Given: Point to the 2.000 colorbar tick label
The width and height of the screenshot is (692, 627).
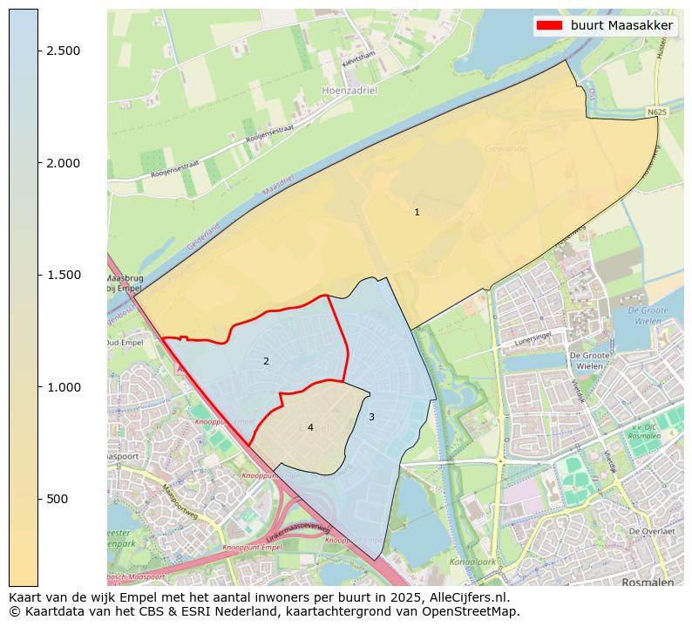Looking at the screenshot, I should tap(64, 163).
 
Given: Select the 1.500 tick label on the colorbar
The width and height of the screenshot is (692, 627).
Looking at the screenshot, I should tap(64, 275).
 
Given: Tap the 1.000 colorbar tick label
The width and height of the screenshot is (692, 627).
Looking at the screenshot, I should tap(64, 387).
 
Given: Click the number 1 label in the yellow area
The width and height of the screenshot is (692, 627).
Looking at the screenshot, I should tap(417, 212).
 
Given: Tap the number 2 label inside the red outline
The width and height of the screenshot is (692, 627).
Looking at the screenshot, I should tap(266, 361).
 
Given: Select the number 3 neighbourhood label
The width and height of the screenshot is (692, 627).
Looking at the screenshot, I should tap(371, 417).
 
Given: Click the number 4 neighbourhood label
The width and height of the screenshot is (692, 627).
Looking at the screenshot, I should tap(310, 427).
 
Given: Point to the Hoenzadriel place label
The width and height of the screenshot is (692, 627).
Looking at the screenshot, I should tap(349, 90).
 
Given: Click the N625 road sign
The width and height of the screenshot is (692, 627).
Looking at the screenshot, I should tap(657, 112).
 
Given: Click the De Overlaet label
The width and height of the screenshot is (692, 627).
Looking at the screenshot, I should tap(652, 531).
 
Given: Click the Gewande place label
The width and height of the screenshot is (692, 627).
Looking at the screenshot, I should tap(506, 149).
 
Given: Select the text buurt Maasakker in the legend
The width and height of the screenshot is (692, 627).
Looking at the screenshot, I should tap(621, 26).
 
